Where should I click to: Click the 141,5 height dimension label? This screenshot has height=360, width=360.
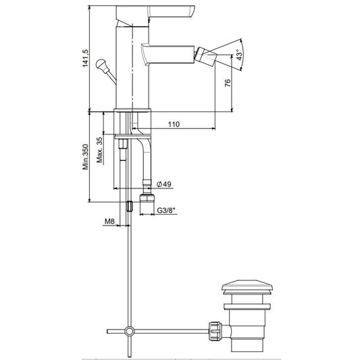pyautogui.click(x=85, y=58)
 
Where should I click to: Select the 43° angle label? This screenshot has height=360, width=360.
pyautogui.click(x=239, y=55)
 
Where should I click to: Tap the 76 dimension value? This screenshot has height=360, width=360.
pyautogui.click(x=228, y=83)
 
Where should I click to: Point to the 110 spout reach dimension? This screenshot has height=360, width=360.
pyautogui.click(x=174, y=124)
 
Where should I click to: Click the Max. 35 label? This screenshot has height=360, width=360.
pyautogui.click(x=100, y=150)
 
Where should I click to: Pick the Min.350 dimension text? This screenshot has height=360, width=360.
pyautogui.click(x=85, y=157)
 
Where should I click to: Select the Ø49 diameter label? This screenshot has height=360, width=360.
pyautogui.click(x=163, y=184)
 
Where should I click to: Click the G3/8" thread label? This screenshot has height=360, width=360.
pyautogui.click(x=166, y=210)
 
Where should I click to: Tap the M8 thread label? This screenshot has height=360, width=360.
pyautogui.click(x=109, y=222)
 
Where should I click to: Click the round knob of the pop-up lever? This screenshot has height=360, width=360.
pyautogui.click(x=101, y=63)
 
